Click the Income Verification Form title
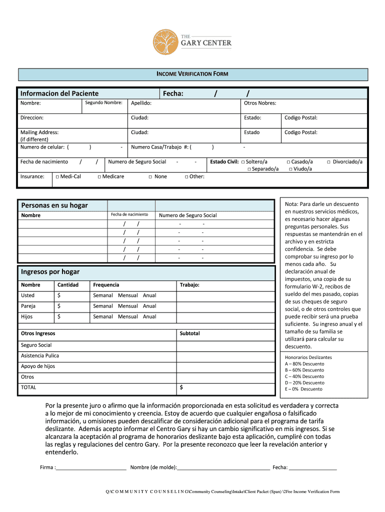pyautogui.click(x=192, y=74)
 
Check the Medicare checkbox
pyautogui.click(x=99, y=176)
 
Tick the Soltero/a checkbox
pyautogui.click(x=243, y=162)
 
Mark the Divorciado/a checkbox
pyautogui.click(x=328, y=162)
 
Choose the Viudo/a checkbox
pyautogui.click(x=291, y=169)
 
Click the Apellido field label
pyautogui.click(x=141, y=103)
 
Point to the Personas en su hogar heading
pyautogui.click(x=54, y=205)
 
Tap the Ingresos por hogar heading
pyautogui.click(x=50, y=272)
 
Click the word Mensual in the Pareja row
pyautogui.click(x=127, y=306)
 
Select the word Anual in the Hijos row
pyautogui.click(x=149, y=316)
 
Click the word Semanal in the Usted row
pyautogui.click(x=102, y=295)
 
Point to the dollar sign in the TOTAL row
pyautogui.click(x=181, y=387)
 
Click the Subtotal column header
pyautogui.click(x=189, y=333)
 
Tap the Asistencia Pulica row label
pyautogui.click(x=39, y=355)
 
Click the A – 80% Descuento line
pyautogui.click(x=304, y=364)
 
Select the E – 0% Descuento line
pyautogui.click(x=303, y=389)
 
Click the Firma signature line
pyautogui.click(x=91, y=467)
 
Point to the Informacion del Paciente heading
pyautogui.click(x=59, y=93)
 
